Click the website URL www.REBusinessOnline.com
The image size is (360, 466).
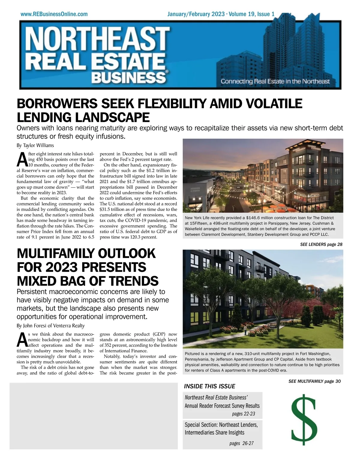coord(54,14)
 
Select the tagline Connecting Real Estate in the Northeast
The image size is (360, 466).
coord(275,81)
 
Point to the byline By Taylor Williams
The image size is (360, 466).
coord(35,145)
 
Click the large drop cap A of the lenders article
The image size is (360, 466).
coord(22,159)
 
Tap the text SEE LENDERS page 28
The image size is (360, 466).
coord(321,244)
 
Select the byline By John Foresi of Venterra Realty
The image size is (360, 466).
coord(50,325)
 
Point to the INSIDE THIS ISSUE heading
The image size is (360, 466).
coord(209,386)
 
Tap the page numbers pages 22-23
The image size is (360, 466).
coord(243,414)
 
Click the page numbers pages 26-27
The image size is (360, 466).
coord(241,443)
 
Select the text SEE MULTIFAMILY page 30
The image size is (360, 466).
coord(314,381)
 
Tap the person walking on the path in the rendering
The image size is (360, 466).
coord(245,330)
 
